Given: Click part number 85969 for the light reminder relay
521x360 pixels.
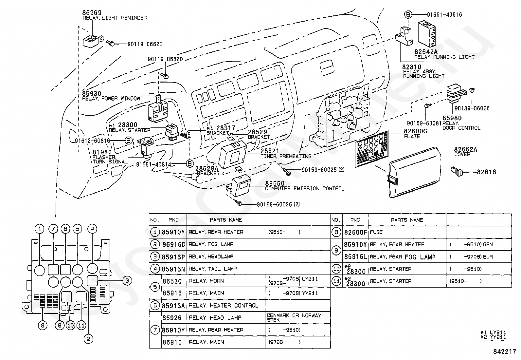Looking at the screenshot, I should tap(92, 13).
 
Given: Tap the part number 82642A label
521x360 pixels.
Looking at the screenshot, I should tap(426, 52).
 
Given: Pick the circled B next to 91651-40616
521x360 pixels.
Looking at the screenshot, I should tap(407, 14).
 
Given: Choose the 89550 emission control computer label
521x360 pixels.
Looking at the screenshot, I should tap(275, 184).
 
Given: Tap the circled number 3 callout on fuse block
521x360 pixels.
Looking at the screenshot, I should tap(127, 280).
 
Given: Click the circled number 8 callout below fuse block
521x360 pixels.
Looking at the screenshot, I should tap(42, 325).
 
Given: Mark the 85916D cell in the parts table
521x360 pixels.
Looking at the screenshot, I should tap(173, 244).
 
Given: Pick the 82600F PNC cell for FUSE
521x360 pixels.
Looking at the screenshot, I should tap(355, 232).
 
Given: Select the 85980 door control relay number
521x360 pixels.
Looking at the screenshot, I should tap(452, 118).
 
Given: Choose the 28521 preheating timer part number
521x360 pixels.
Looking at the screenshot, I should tap(270, 151).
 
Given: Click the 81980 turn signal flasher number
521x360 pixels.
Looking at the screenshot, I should tap(102, 152).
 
